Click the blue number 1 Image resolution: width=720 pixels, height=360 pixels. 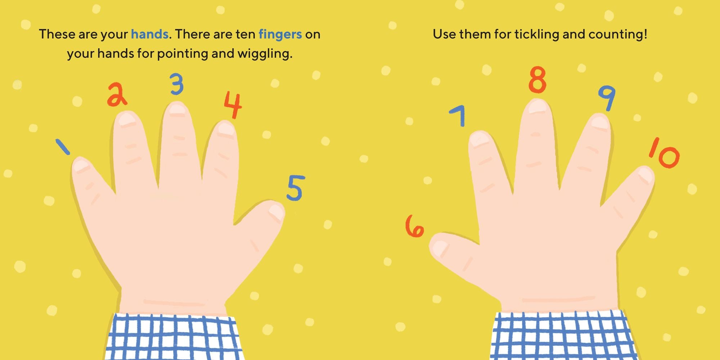[x=63, y=147]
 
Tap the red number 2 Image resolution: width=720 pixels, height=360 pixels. [x=117, y=95]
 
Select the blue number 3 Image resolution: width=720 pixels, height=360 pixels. [x=177, y=84]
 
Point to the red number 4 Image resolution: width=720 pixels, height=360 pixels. [x=233, y=104]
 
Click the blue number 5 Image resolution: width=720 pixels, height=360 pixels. [x=296, y=188]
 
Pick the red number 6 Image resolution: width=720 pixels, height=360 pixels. [x=414, y=226]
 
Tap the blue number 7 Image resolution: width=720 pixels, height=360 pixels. [x=458, y=115]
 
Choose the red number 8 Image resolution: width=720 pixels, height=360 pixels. [x=537, y=80]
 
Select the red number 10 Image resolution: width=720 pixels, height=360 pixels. [x=664, y=153]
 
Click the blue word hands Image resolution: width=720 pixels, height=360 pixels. [x=149, y=34]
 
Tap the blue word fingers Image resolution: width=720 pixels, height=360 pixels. [x=280, y=35]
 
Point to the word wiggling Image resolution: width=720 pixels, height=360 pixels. [x=265, y=54]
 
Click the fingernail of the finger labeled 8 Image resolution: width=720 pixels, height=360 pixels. [x=537, y=107]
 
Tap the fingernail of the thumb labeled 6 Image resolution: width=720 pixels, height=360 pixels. [x=438, y=248]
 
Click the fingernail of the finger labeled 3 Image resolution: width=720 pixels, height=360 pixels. [x=177, y=108]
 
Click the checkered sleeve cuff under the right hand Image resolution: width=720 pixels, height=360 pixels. [x=563, y=335]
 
